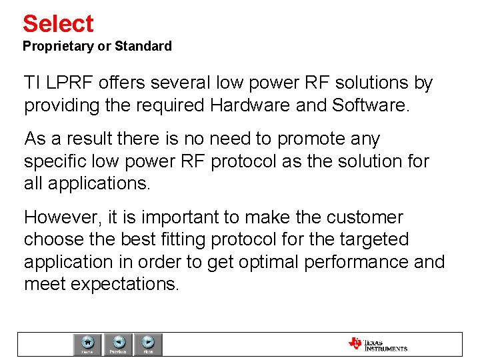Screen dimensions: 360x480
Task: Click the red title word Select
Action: pos(58,24)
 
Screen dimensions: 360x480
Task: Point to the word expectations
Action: pos(125,284)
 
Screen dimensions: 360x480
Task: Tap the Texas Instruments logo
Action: pos(377,344)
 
